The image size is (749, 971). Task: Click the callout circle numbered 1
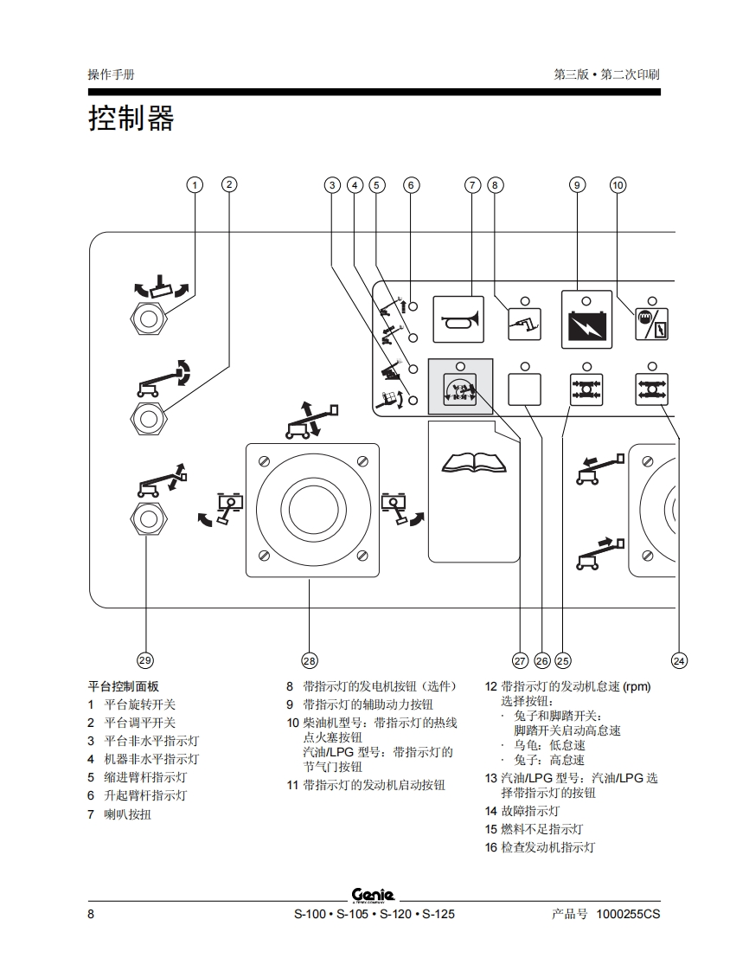click(195, 184)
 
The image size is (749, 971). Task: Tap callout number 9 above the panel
click(577, 184)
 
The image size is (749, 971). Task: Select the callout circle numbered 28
click(310, 660)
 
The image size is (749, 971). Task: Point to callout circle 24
click(679, 660)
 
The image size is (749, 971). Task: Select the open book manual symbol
click(475, 463)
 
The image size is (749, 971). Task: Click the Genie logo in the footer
click(374, 895)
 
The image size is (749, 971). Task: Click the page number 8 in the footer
click(91, 914)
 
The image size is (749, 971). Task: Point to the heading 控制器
click(131, 119)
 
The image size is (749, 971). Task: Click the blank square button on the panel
click(525, 389)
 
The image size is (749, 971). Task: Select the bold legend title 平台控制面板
click(124, 686)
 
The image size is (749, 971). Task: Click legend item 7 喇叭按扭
click(126, 814)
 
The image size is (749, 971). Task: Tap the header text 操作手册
click(111, 74)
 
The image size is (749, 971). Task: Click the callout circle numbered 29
click(145, 660)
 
